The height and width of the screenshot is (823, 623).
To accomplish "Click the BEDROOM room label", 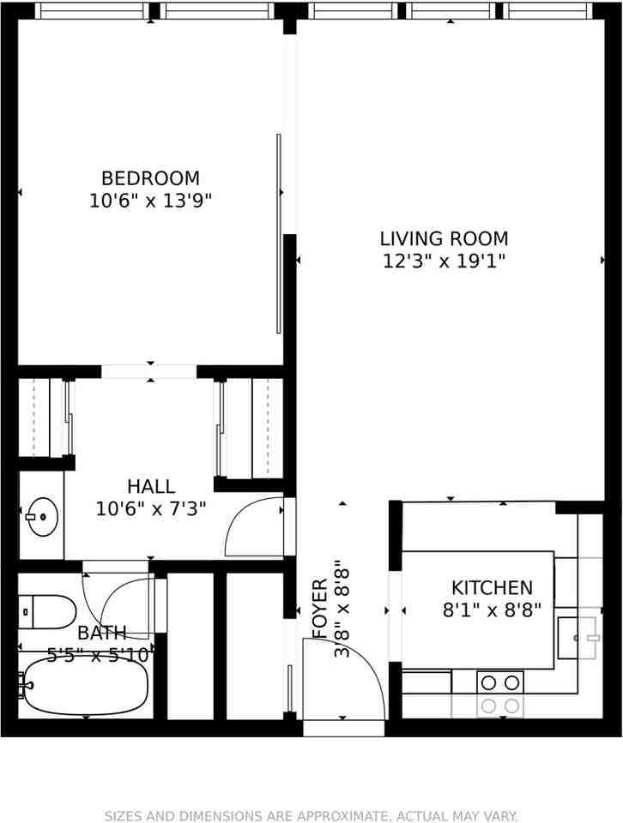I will tap(150, 178).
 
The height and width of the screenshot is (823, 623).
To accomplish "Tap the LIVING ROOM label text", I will tap(444, 238).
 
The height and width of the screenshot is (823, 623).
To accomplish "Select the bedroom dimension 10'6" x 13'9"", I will tap(150, 201).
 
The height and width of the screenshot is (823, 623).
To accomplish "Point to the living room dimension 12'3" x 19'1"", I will tap(444, 261).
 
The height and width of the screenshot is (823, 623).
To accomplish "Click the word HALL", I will tap(151, 487).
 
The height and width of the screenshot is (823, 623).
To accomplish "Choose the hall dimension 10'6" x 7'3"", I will tap(151, 509).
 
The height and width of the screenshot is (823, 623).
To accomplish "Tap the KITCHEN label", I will tap(492, 588).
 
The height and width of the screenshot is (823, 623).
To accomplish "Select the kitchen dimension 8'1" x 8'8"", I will tap(492, 611).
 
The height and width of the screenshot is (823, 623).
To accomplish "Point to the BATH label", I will tap(102, 633).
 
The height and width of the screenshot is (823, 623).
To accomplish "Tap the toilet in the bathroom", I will tap(48, 612).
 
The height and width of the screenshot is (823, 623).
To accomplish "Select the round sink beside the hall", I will tap(40, 517).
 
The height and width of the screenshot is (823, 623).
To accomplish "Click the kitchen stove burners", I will tap(500, 694).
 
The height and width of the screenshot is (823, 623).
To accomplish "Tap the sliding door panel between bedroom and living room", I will tap(279, 233).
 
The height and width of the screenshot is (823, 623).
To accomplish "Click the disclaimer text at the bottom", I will tap(311, 815).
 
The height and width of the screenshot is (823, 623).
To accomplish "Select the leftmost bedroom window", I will tap(91, 11).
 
